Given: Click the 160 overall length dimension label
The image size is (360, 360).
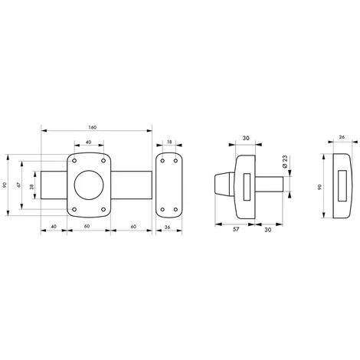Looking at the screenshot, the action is [93, 127].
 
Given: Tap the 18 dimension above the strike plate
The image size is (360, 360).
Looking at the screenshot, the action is [169, 142].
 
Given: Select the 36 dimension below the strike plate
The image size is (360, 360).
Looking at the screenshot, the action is [168, 227].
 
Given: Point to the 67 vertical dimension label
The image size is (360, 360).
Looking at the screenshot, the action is [18, 185].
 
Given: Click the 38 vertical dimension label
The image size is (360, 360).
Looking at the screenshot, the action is [31, 187].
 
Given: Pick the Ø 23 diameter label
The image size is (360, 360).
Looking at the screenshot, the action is [285, 162].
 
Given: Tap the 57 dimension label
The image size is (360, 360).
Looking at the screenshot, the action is [236, 229].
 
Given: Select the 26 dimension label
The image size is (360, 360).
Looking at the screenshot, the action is [342, 137].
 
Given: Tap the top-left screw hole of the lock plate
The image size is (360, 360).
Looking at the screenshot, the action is [74, 161].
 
